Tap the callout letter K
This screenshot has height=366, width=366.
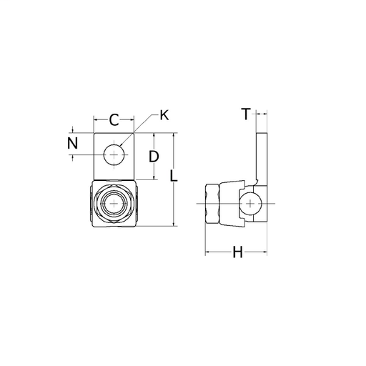[x=164, y=114]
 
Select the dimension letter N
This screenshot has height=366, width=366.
[x=73, y=143]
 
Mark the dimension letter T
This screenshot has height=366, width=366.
[x=245, y=114]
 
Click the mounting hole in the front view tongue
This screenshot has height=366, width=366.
[x=114, y=154]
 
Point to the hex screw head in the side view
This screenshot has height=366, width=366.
[x=212, y=204]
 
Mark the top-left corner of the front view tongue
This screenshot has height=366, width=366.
[x=94, y=133]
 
